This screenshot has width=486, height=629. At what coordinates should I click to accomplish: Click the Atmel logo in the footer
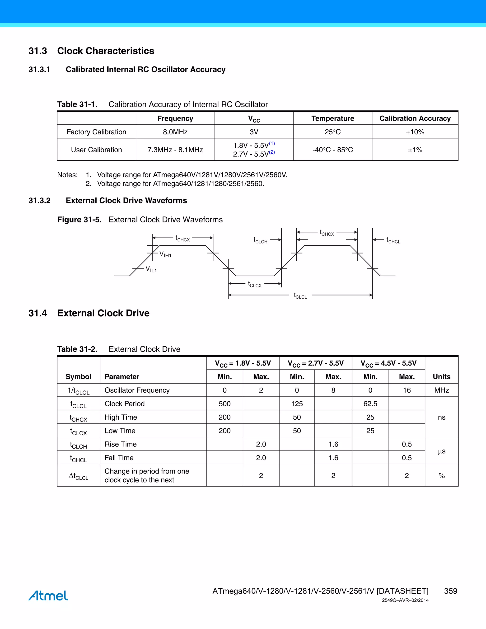tap(48, 596)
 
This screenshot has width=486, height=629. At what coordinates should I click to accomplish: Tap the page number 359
tap(450, 591)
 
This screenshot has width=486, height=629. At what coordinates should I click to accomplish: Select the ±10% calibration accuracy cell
tap(415, 132)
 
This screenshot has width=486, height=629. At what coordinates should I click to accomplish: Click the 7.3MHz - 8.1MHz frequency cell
tap(175, 150)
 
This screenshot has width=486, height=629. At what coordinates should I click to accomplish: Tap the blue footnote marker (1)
tap(272, 143)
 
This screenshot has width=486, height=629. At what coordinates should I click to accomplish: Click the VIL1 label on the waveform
tap(151, 269)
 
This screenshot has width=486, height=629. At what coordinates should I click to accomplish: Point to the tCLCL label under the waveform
tap(300, 296)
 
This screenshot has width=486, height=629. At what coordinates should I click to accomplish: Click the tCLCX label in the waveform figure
tap(255, 284)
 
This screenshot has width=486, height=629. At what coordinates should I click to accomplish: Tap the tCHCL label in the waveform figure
tap(393, 240)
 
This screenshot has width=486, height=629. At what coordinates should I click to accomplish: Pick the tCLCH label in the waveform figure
tap(260, 240)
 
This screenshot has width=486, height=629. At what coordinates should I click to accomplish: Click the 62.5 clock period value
tap(370, 404)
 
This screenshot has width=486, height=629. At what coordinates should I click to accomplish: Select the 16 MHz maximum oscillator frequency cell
tap(407, 390)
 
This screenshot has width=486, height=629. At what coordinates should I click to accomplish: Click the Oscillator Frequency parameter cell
tap(137, 390)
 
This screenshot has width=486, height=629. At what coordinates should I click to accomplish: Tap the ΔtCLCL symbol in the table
tap(78, 476)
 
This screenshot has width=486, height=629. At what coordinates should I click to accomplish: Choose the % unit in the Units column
tap(441, 476)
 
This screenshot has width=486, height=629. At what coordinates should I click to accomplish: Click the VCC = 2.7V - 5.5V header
tap(316, 363)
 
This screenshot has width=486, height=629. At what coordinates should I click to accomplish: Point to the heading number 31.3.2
tap(39, 201)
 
